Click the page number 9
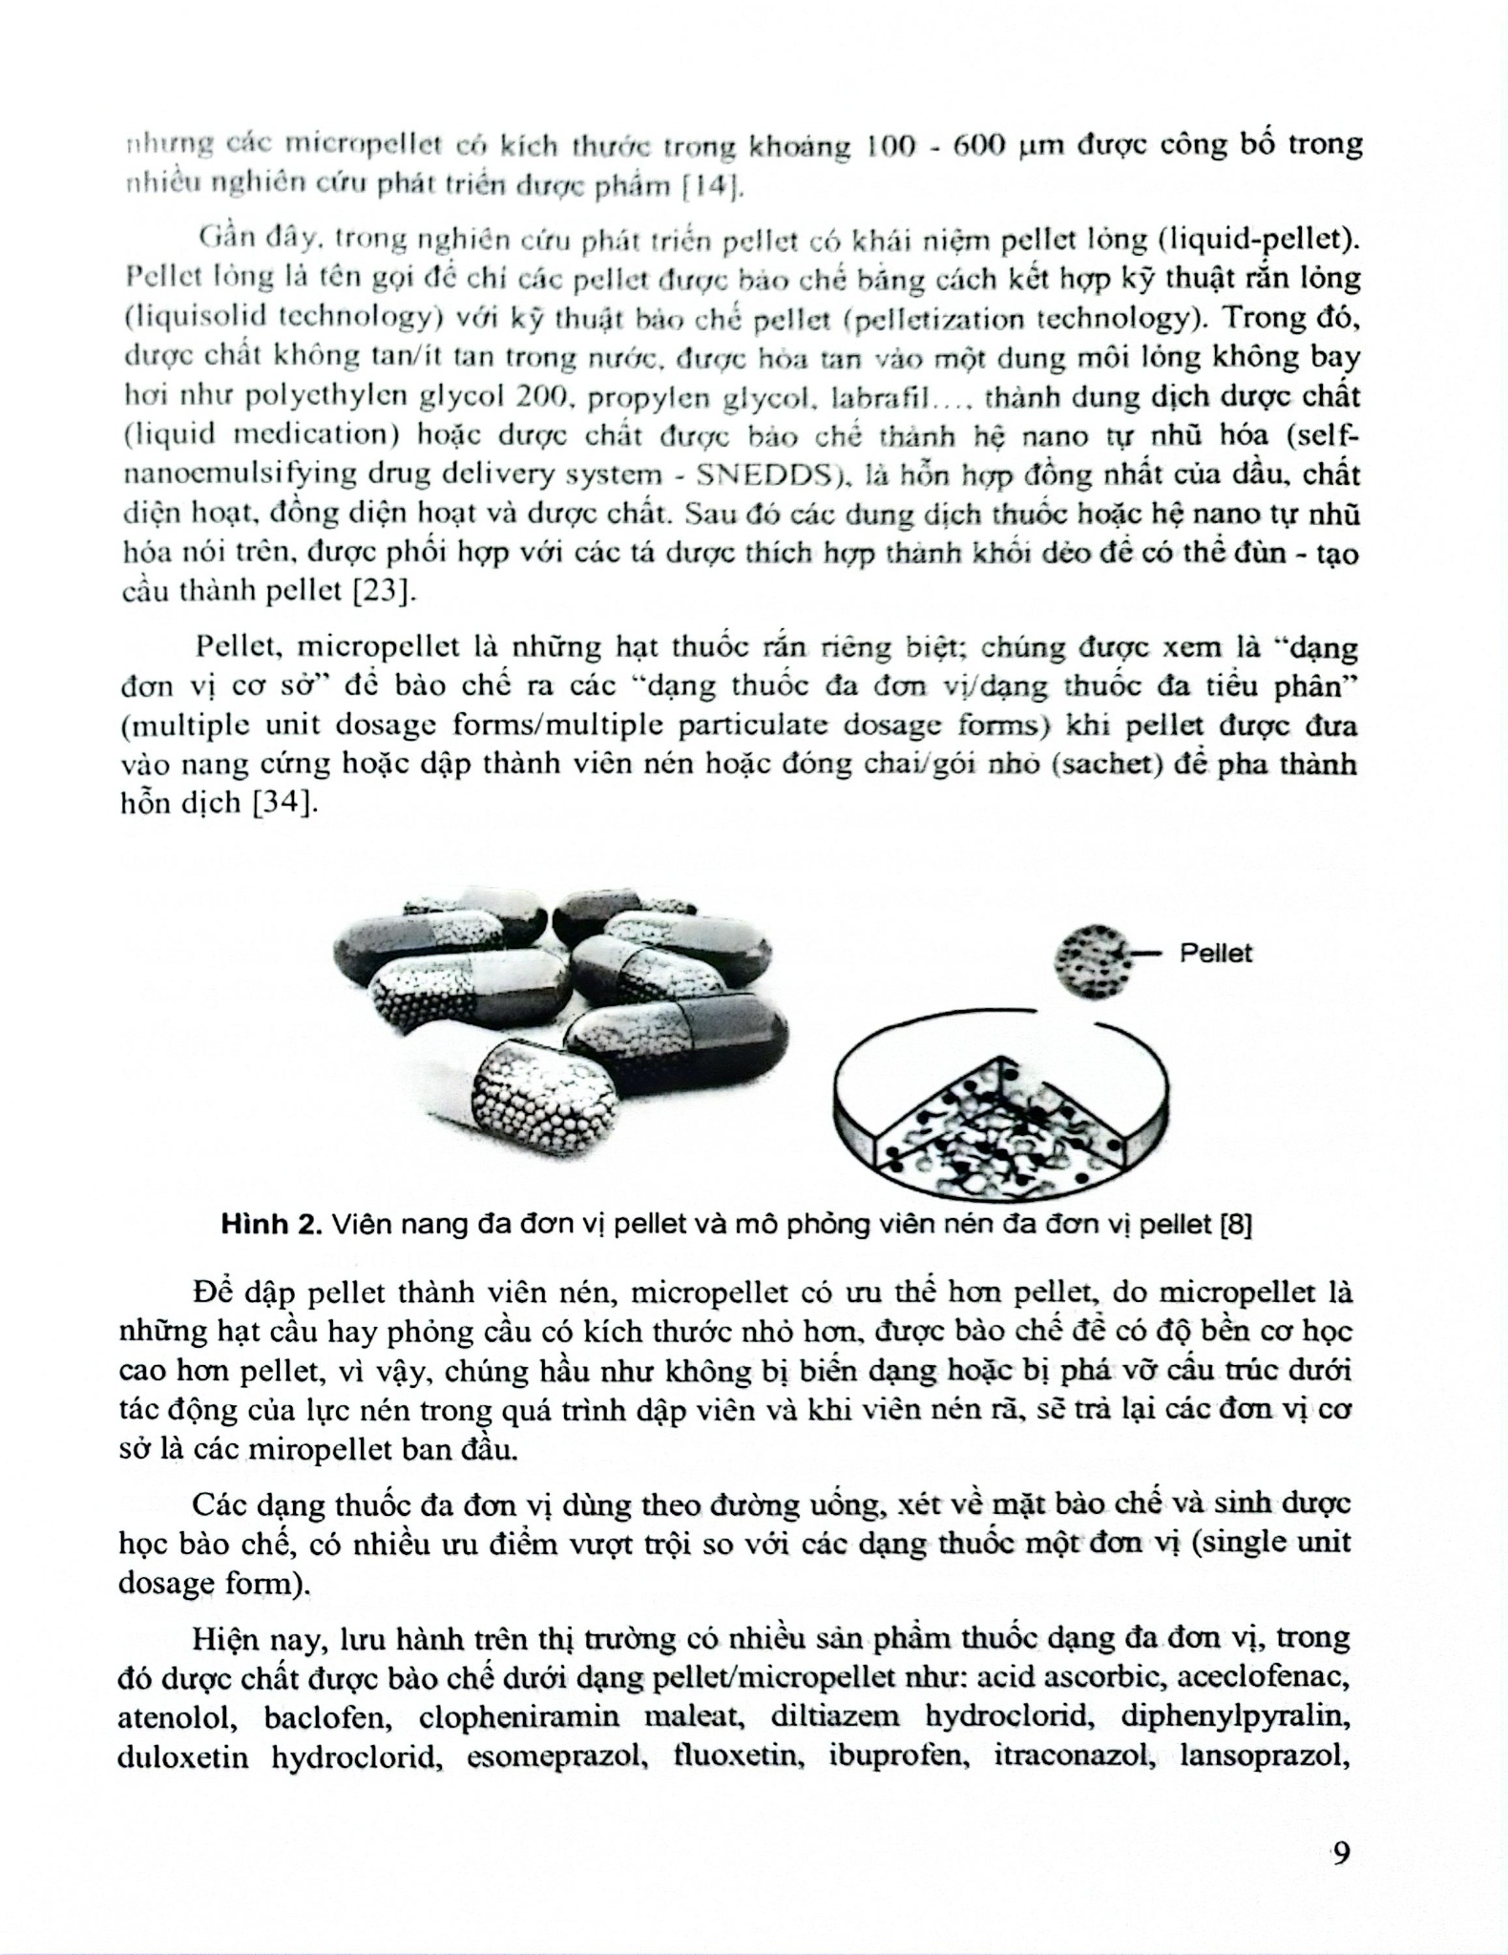click(x=1341, y=1854)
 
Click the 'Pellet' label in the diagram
click(x=1215, y=953)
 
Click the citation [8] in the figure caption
click(x=1236, y=1225)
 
